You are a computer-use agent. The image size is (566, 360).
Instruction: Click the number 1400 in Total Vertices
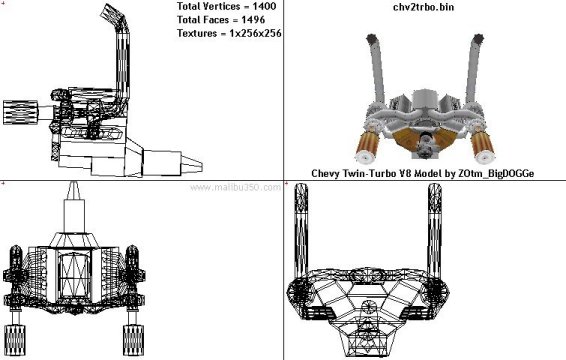pyautogui.click(x=264, y=6)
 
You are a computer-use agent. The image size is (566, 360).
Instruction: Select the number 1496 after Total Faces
pyautogui.click(x=253, y=19)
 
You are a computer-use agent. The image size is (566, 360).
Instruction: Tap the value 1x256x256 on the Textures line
pyautogui.click(x=255, y=33)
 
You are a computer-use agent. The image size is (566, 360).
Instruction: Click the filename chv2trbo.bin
pyautogui.click(x=423, y=7)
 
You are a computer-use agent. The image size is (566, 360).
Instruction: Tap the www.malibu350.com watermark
pyautogui.click(x=235, y=187)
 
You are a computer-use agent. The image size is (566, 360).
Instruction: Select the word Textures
pyautogui.click(x=197, y=33)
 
